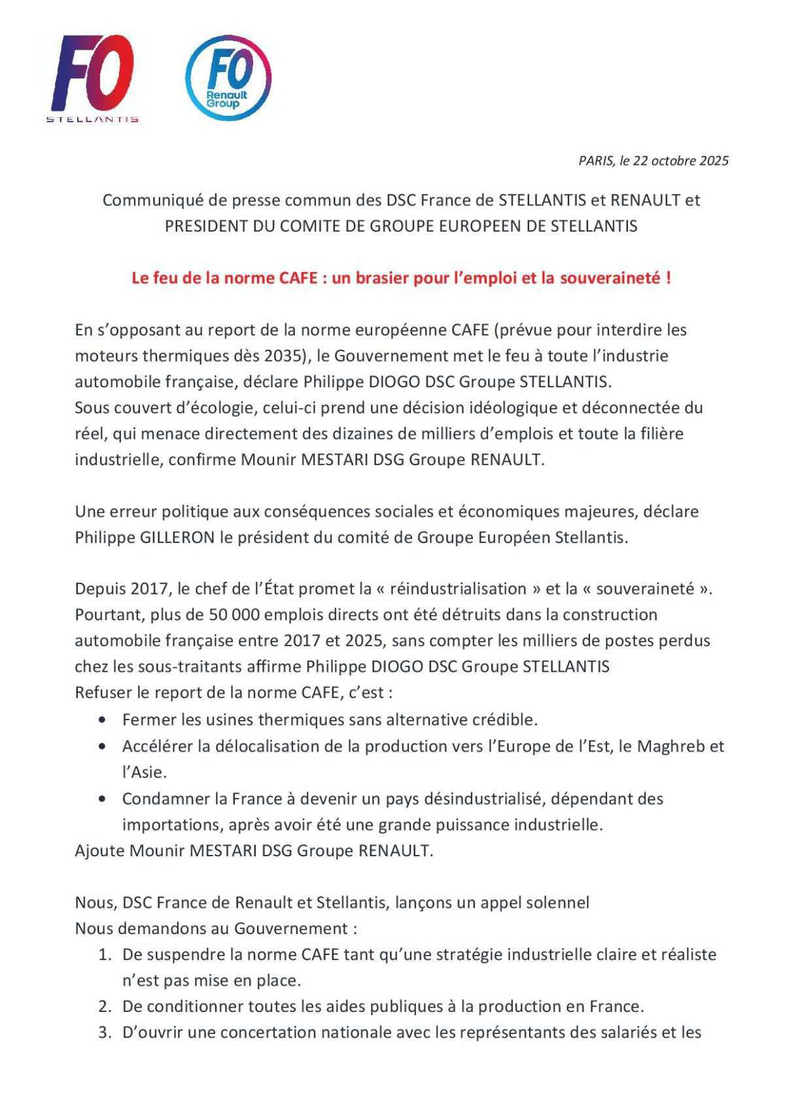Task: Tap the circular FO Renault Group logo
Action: coord(228,77)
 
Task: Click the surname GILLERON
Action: coord(178,538)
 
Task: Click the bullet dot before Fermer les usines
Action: coord(102,720)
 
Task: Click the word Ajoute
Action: coord(99,851)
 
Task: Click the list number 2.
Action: coord(104,1007)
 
